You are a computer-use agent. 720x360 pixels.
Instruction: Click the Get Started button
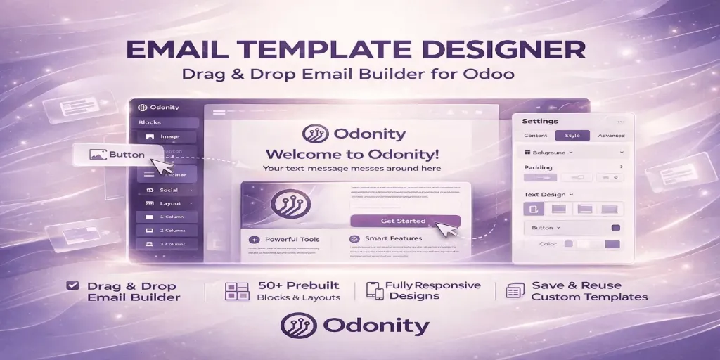point(404,221)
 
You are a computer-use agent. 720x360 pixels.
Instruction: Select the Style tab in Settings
point(567,136)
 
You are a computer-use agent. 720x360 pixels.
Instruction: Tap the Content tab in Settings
point(536,136)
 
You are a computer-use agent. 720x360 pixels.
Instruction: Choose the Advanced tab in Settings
point(610,136)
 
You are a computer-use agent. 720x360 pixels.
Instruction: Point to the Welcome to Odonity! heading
point(352,154)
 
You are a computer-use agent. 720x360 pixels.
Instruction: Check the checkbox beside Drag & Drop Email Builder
point(71,285)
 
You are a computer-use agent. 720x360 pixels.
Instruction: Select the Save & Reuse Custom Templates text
point(589,291)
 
